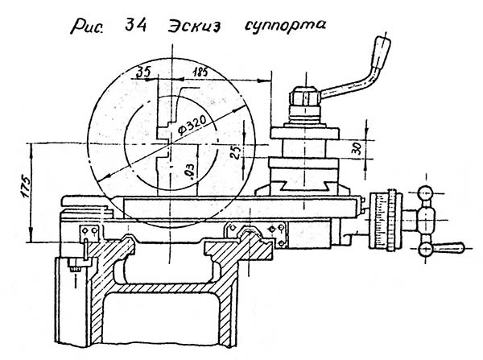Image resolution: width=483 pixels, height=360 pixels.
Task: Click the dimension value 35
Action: click(x=145, y=71)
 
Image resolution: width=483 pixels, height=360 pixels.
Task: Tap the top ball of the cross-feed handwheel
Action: click(x=427, y=193)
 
